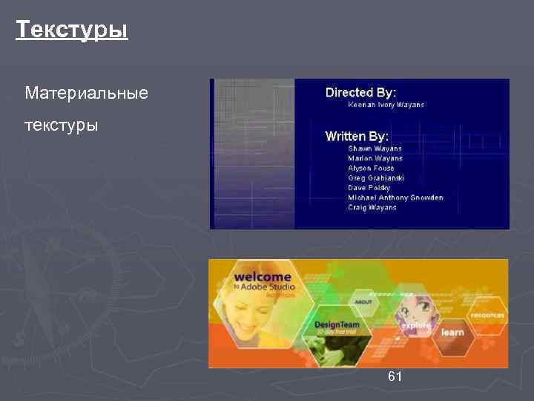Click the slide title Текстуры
point(72,30)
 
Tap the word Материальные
point(86,94)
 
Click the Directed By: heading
point(360,93)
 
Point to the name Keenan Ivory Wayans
point(386,105)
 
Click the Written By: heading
point(357,137)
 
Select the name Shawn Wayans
point(375,149)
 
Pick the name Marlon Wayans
point(375,159)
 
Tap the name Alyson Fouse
point(371,169)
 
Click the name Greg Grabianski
point(376,178)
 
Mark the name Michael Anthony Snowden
point(395,198)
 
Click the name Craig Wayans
point(372,207)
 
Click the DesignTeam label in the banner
point(337,325)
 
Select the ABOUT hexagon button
point(363,302)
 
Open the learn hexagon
point(452,332)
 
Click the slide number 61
point(395,377)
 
